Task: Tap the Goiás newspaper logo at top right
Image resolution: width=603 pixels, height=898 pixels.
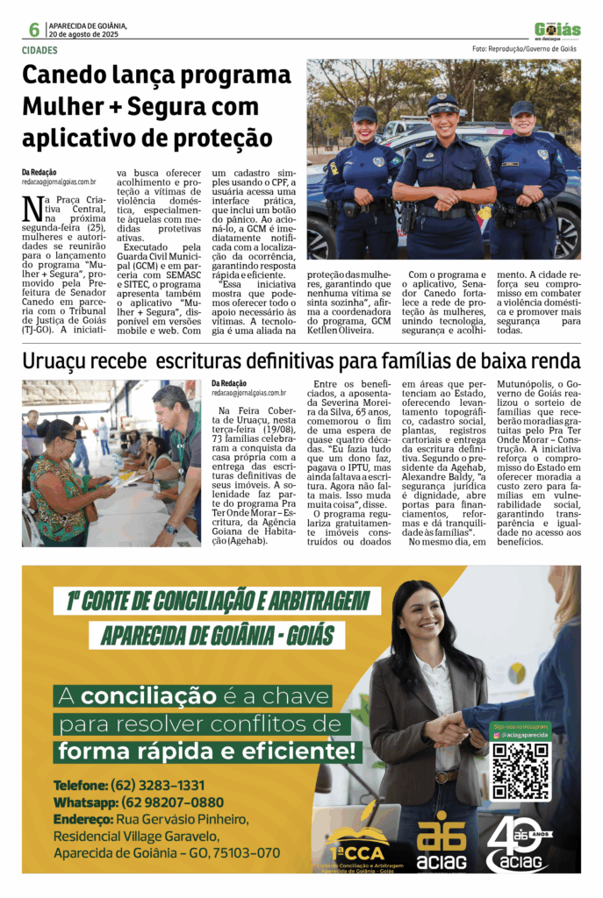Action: coord(557,31)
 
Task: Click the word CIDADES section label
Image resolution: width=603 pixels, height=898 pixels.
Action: coord(40,50)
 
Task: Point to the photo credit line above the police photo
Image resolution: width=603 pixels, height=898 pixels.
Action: coord(524,49)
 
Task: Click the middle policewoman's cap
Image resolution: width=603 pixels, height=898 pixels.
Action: coord(442,104)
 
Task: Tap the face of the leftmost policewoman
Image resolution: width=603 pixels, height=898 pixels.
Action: coord(365,131)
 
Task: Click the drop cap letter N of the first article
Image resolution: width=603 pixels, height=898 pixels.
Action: coord(32,209)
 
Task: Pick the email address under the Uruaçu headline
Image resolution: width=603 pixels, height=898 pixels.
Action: coord(248,394)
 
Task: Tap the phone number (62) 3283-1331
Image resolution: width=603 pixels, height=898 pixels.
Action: coord(157,785)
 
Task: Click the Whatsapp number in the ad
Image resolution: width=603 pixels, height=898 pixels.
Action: coord(168,802)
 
